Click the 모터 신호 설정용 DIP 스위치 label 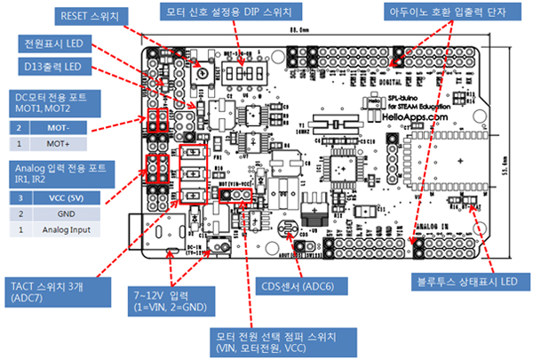pyautogui.click(x=235, y=12)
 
